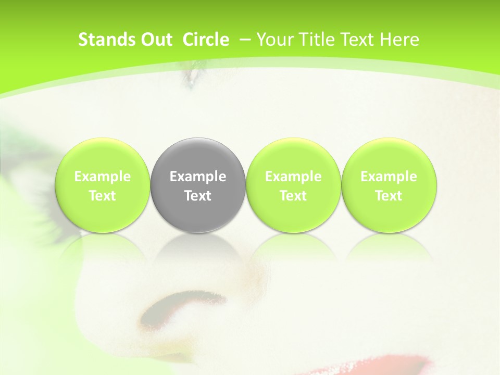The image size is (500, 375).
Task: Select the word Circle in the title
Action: (x=206, y=40)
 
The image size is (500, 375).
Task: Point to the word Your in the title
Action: (x=273, y=40)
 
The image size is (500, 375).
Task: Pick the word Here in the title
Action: (x=399, y=40)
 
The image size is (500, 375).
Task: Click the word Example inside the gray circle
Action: (x=198, y=177)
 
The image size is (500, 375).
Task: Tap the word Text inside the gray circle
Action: (x=198, y=196)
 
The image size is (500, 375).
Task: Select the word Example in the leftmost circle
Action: (x=102, y=177)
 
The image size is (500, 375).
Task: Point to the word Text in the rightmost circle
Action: (x=389, y=196)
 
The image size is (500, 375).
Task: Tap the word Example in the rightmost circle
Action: (x=389, y=177)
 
